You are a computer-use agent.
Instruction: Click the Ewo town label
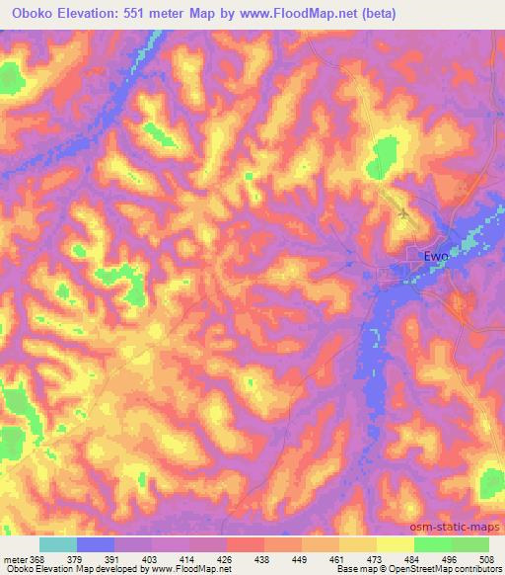(435, 257)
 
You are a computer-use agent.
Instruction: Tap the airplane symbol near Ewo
(402, 212)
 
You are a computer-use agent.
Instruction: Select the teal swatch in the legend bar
(58, 543)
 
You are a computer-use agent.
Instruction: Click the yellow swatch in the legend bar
(396, 543)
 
